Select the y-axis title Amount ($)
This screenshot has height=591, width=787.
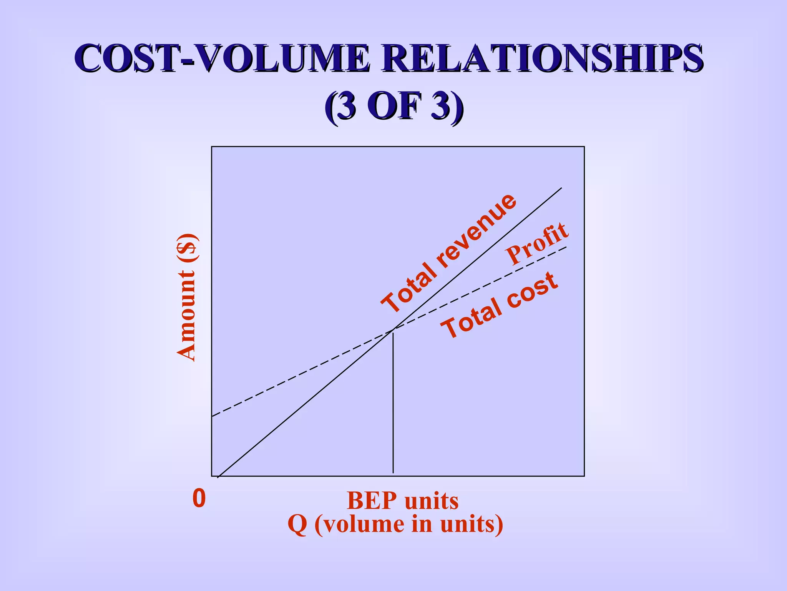[187, 297]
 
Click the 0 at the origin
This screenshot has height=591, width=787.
[199, 498]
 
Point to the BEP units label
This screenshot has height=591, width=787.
[402, 501]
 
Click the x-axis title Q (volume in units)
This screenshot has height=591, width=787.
[395, 524]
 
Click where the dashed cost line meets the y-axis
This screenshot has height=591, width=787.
[212, 416]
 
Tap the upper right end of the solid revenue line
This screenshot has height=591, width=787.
[561, 188]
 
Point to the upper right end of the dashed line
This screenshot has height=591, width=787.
[566, 247]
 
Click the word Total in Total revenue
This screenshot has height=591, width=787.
[409, 287]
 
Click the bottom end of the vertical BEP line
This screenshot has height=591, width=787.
[393, 472]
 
